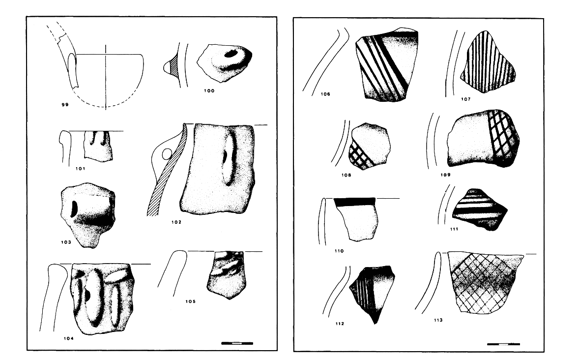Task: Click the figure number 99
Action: point(65,105)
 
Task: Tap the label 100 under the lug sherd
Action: point(209,90)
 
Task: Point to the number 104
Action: point(69,338)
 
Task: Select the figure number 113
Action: point(438,320)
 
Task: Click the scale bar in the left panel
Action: point(237,343)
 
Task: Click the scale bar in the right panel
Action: point(503,344)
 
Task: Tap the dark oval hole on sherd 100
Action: point(231,54)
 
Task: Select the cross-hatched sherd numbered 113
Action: point(485,282)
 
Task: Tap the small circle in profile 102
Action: point(167,154)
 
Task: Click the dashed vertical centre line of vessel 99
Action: point(106,77)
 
